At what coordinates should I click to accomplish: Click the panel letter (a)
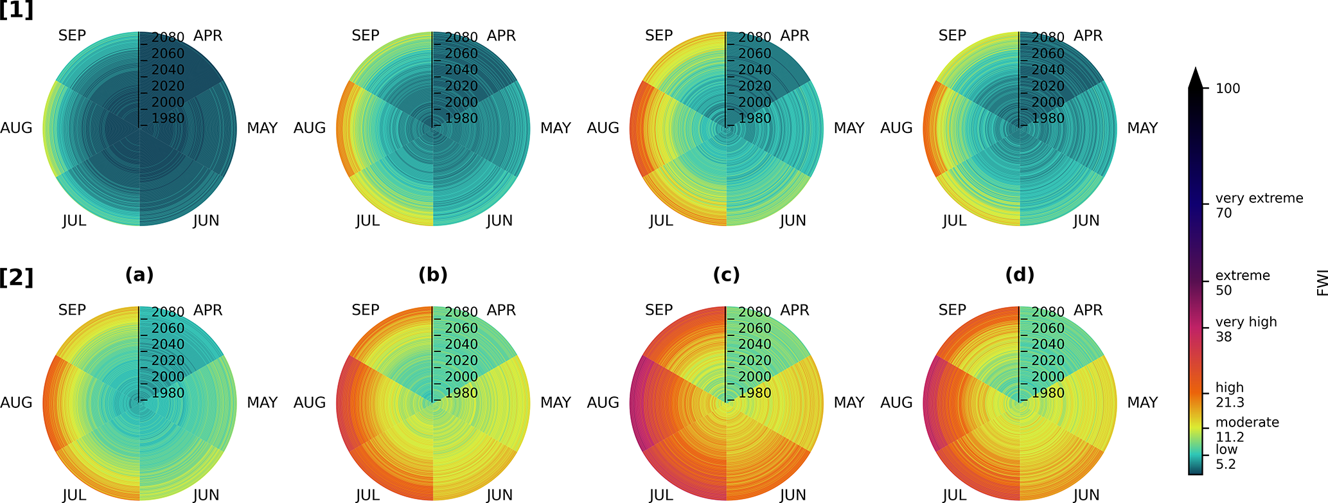pyautogui.click(x=139, y=275)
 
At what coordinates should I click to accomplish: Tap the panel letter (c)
pyautogui.click(x=726, y=275)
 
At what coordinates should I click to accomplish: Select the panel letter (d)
pyautogui.click(x=1020, y=275)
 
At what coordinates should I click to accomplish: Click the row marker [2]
pyautogui.click(x=17, y=278)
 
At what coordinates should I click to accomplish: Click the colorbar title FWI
pyautogui.click(x=1322, y=283)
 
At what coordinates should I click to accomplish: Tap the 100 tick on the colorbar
pyautogui.click(x=1228, y=89)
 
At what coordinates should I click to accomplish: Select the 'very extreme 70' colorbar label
pyautogui.click(x=1258, y=206)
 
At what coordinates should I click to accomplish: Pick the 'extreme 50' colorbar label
pyautogui.click(x=1242, y=283)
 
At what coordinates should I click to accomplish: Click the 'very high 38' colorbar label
pyautogui.click(x=1245, y=329)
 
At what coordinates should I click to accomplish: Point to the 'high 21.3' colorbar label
pyautogui.click(x=1229, y=395)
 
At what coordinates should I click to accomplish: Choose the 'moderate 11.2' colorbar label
pyautogui.click(x=1246, y=429)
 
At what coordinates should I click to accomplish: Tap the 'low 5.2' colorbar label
pyautogui.click(x=1226, y=457)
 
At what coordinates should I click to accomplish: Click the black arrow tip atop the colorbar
pyautogui.click(x=1195, y=76)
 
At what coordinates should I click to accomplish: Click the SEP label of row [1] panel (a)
pyautogui.click(x=72, y=36)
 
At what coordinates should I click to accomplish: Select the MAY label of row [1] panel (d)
pyautogui.click(x=1142, y=128)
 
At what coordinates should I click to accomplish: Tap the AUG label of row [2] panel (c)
pyautogui.click(x=603, y=403)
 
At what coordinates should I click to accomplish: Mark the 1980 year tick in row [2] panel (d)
pyautogui.click(x=1047, y=393)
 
